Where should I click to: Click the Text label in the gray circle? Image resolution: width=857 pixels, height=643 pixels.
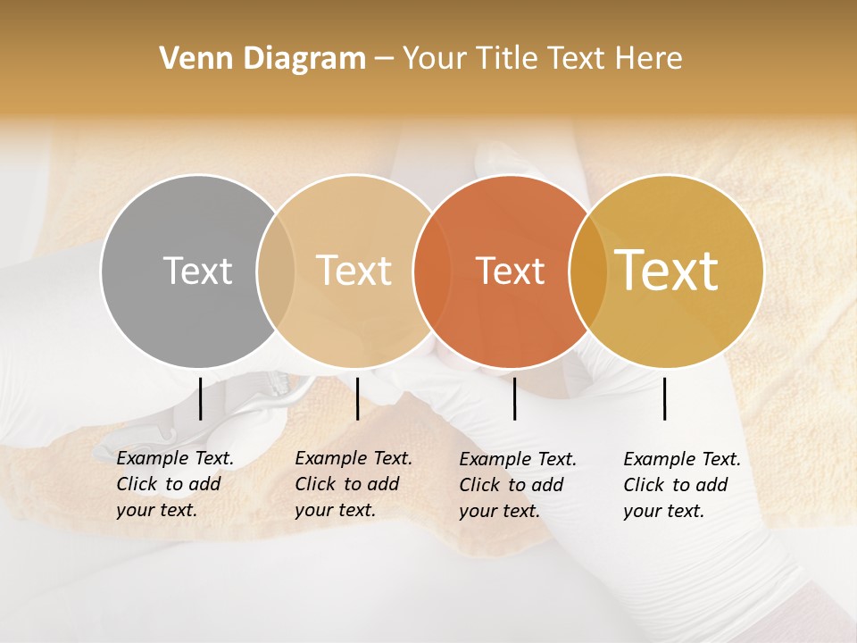tap(197, 271)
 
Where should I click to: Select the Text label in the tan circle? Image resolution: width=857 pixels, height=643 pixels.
tap(354, 271)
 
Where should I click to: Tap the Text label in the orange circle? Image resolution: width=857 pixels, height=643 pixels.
tap(510, 271)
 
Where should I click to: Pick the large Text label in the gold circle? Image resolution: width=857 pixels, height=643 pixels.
tap(667, 271)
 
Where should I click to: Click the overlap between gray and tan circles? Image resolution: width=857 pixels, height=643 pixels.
tap(276, 271)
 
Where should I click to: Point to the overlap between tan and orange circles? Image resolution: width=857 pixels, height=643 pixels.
tap(431, 271)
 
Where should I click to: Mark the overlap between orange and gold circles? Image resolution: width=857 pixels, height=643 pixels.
tap(587, 271)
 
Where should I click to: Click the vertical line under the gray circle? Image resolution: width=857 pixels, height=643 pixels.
tap(200, 398)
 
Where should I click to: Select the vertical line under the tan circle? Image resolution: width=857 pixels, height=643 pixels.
tap(357, 398)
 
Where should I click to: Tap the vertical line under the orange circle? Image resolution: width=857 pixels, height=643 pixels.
tap(514, 398)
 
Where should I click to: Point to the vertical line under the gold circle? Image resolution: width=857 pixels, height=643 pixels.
tap(664, 398)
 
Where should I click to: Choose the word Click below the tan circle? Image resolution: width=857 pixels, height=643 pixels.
tap(314, 484)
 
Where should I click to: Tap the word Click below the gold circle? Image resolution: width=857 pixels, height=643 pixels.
tap(643, 485)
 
